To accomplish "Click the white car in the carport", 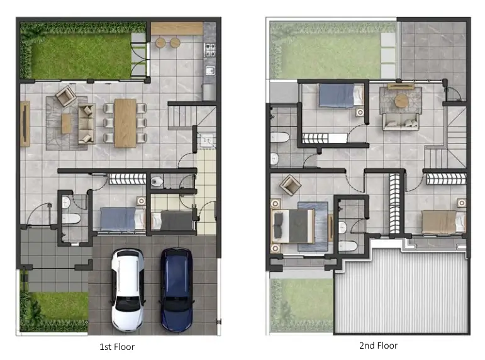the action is tap(128, 290).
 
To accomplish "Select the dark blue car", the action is tap(177, 290).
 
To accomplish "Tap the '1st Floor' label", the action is tap(117, 347).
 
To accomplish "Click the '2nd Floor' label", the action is tap(378, 346).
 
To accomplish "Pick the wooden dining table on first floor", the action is tap(125, 123).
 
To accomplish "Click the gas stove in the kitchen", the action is tap(209, 50).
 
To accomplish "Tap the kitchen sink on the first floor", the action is tap(210, 70).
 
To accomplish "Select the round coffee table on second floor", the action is tap(401, 101).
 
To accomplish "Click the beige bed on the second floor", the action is tap(443, 222).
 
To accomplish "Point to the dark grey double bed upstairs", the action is tap(293, 226).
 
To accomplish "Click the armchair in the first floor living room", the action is tap(66, 96).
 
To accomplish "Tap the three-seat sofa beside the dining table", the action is tap(87, 123).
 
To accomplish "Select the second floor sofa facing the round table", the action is tap(401, 121).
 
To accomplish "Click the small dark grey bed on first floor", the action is tap(172, 220).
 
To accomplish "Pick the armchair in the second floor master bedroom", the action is tap(290, 185).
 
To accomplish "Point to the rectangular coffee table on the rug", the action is tap(66, 123).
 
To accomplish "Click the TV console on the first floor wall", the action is tap(25, 123).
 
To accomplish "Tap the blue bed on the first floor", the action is tap(123, 220).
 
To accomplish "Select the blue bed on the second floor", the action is tap(341, 96).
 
